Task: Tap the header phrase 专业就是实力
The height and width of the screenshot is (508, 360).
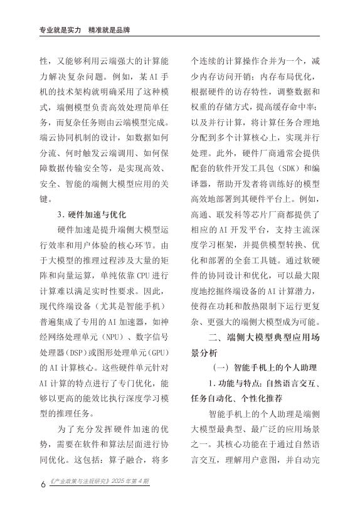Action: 46,29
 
